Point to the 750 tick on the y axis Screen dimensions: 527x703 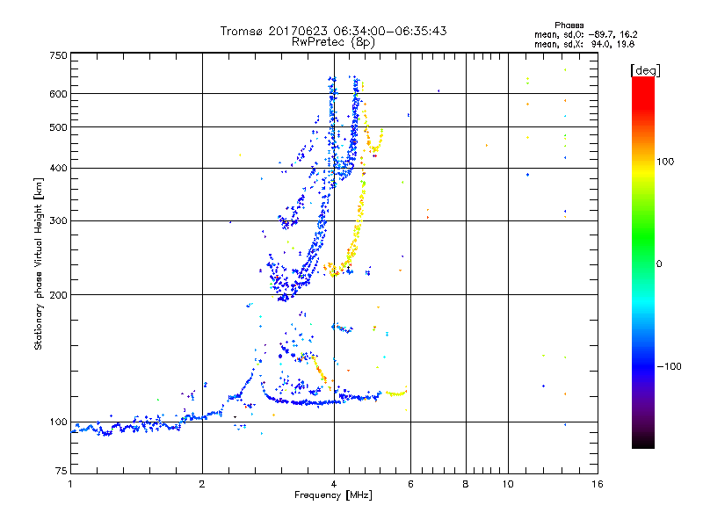[59, 55]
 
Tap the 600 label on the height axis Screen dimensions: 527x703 [59, 94]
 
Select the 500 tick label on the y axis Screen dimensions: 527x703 [59, 127]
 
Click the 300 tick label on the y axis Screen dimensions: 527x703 [59, 220]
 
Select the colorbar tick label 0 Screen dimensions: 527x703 [662, 263]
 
